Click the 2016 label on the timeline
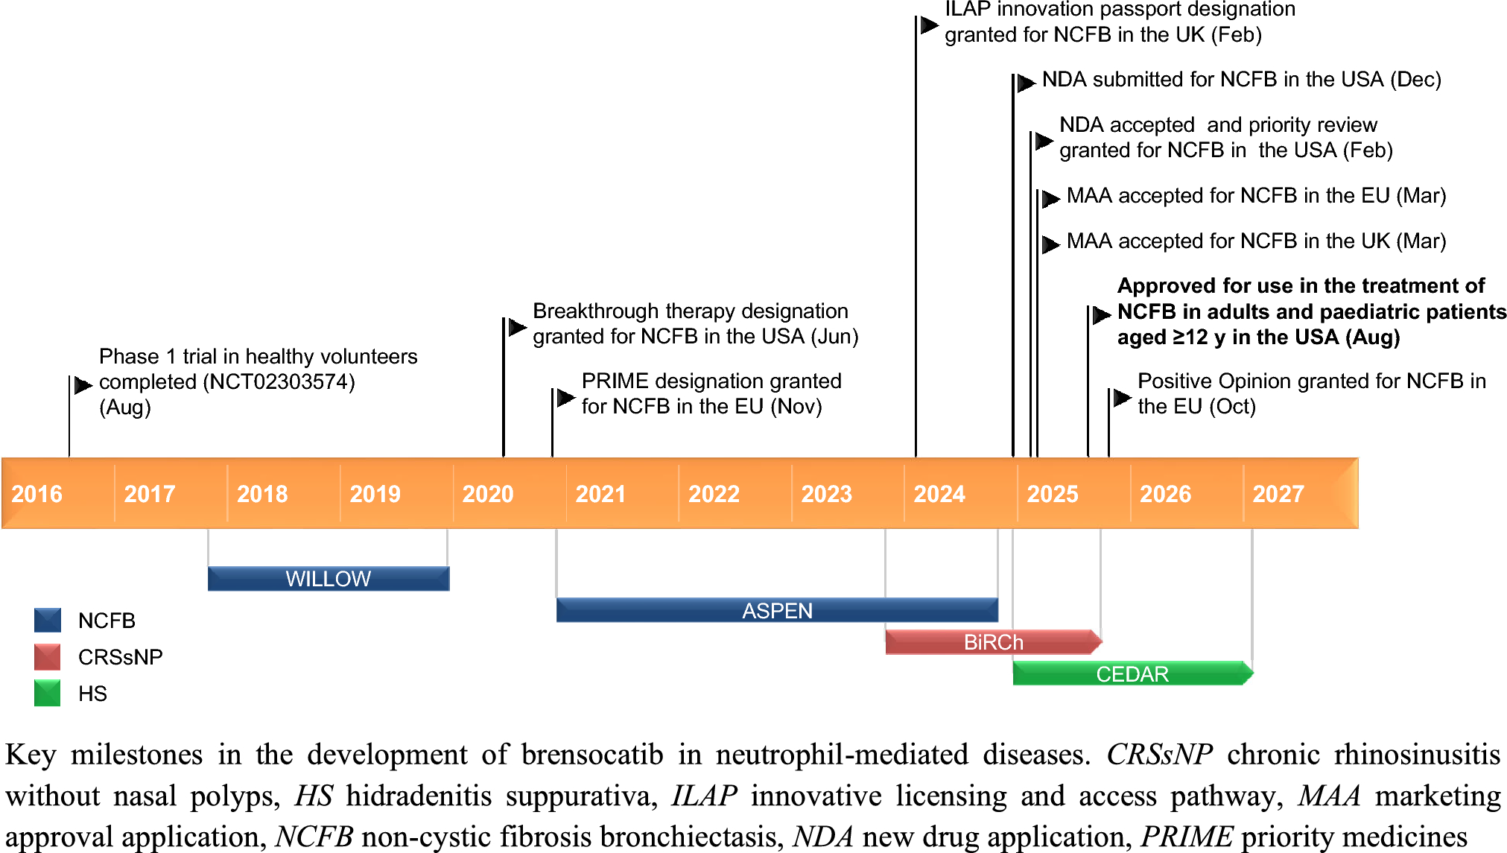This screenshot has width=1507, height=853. [x=37, y=494]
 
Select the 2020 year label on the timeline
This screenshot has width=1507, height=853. [x=488, y=494]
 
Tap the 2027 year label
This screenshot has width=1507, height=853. [x=1278, y=494]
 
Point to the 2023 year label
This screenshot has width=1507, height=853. [x=826, y=494]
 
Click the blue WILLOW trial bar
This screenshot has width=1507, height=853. [x=329, y=579]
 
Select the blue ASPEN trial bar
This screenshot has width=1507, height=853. [x=777, y=610]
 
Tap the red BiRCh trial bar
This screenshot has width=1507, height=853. [x=994, y=641]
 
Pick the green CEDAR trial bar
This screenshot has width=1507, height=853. [x=1133, y=673]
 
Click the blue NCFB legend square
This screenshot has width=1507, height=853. [x=48, y=621]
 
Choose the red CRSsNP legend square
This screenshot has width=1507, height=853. [x=48, y=657]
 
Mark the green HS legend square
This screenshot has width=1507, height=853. [x=48, y=693]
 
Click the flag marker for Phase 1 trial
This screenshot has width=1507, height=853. [x=83, y=385]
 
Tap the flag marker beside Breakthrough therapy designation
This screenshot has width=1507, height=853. [x=517, y=326]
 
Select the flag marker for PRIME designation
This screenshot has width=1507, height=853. [x=566, y=398]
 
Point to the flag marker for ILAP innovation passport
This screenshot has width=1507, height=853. [x=929, y=25]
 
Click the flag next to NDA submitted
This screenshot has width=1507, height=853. [x=1027, y=82]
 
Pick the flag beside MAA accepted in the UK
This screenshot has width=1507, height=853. [x=1050, y=244]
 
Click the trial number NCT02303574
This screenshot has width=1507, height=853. [x=279, y=382]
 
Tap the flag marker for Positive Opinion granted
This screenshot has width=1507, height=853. [x=1122, y=398]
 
